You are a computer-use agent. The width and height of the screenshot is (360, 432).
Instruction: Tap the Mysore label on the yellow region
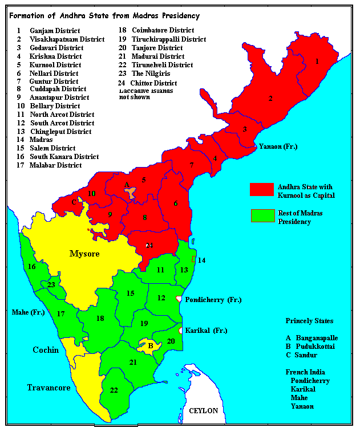click(84, 253)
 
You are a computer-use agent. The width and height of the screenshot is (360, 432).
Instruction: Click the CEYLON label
click(203, 411)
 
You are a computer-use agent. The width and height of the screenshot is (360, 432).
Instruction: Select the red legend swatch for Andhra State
click(261, 190)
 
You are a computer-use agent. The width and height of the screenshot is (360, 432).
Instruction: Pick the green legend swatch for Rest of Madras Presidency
click(261, 216)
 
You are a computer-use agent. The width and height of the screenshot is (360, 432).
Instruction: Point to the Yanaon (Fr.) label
click(278, 146)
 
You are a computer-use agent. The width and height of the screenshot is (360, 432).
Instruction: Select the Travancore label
click(48, 388)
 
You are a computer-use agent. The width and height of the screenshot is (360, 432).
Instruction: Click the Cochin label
click(46, 349)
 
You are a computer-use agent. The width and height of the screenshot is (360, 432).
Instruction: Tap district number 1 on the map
click(317, 60)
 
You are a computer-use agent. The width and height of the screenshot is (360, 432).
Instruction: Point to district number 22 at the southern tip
click(115, 390)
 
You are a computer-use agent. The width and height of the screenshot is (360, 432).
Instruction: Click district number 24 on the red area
click(149, 246)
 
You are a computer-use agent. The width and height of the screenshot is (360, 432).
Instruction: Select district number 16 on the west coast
click(32, 266)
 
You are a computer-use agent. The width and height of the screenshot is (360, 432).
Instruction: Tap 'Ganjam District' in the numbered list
click(55, 30)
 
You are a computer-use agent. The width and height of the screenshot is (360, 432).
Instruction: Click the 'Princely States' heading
click(310, 321)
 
